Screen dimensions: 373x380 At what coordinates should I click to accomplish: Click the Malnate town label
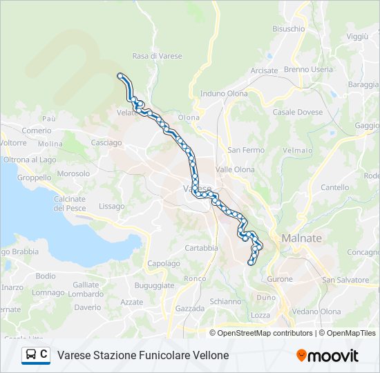[x=301, y=238]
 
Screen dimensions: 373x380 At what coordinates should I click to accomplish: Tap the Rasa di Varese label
[x=155, y=56]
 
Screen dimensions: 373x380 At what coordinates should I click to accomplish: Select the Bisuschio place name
[x=288, y=29]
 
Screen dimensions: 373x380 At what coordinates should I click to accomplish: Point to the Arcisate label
[x=264, y=70]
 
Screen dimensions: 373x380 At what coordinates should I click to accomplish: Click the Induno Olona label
[x=222, y=93]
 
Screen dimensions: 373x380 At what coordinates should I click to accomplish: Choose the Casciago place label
[x=106, y=142]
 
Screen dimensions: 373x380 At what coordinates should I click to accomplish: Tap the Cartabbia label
[x=201, y=248]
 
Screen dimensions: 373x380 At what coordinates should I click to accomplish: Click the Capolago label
[x=164, y=263]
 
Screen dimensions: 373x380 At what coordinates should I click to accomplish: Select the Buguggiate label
[x=154, y=285]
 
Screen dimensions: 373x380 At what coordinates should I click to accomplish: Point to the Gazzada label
[x=190, y=308]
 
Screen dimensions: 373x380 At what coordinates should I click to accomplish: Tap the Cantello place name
[x=334, y=187]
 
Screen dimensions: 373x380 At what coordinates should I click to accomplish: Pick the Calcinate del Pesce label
[x=70, y=204]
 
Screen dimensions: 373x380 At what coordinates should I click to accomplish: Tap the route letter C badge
[x=44, y=354]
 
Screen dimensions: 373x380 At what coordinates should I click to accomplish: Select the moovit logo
[x=327, y=356]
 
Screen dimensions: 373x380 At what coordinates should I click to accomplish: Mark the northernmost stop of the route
[x=121, y=76]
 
